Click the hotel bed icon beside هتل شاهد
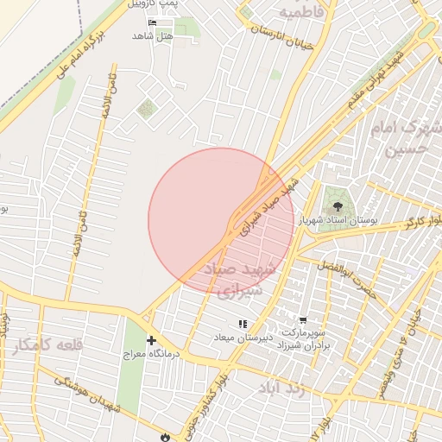tap(154, 22)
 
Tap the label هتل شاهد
tap(153, 35)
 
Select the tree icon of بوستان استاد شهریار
tap(334, 207)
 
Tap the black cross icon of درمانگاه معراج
tap(152, 341)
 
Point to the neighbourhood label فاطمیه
tap(300, 13)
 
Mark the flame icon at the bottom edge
tap(166, 436)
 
